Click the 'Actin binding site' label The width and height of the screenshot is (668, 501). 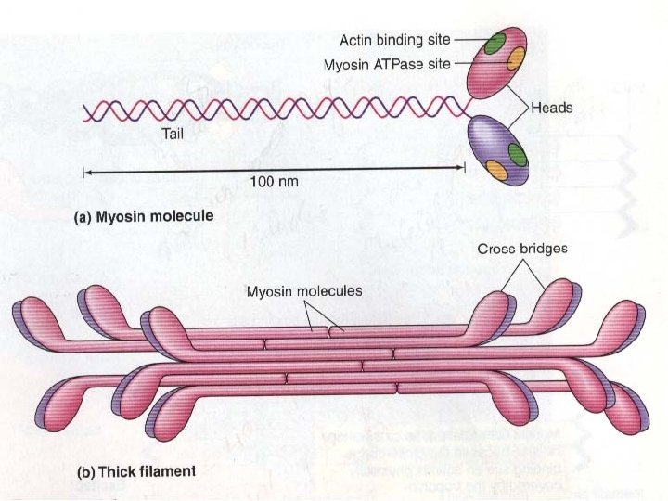tap(395, 40)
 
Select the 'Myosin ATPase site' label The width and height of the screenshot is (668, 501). tap(386, 65)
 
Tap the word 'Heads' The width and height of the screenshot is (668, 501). tap(552, 108)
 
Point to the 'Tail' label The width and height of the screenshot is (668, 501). tap(173, 134)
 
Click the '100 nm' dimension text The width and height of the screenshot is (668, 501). tap(275, 182)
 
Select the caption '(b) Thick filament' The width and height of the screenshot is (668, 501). tap(135, 470)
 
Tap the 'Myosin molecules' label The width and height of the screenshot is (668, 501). tap(304, 290)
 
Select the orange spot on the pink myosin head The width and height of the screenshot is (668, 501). tap(516, 58)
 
